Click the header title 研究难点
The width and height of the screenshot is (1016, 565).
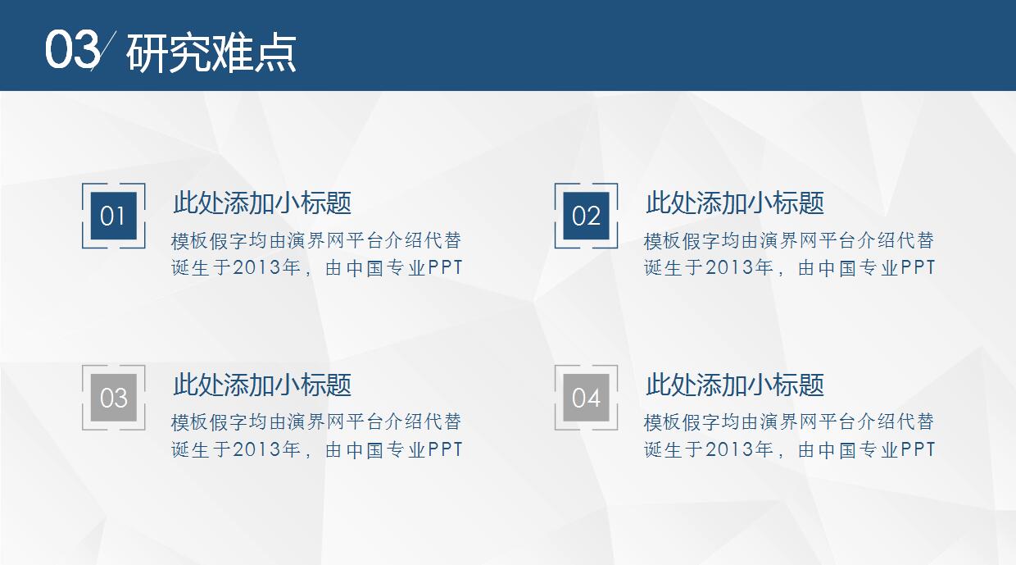[211, 53]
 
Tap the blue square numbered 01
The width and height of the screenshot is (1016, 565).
[113, 216]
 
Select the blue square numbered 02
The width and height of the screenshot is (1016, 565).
[586, 216]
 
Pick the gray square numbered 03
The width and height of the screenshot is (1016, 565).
[113, 398]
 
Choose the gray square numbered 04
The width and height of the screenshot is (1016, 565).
[586, 398]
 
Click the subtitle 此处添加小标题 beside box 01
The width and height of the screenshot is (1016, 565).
[262, 203]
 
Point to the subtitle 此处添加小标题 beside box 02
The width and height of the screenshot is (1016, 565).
[735, 203]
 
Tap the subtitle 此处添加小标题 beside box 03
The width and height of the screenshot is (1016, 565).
[262, 385]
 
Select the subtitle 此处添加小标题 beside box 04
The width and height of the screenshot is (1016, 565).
[735, 385]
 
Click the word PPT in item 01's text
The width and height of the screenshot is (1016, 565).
[445, 268]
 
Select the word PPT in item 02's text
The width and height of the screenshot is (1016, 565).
[918, 268]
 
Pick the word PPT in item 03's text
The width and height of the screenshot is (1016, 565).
[445, 450]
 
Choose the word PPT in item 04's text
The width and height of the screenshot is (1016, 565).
[918, 450]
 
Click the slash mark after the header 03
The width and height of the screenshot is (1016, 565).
[105, 49]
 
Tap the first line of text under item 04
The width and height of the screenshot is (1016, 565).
[789, 423]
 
